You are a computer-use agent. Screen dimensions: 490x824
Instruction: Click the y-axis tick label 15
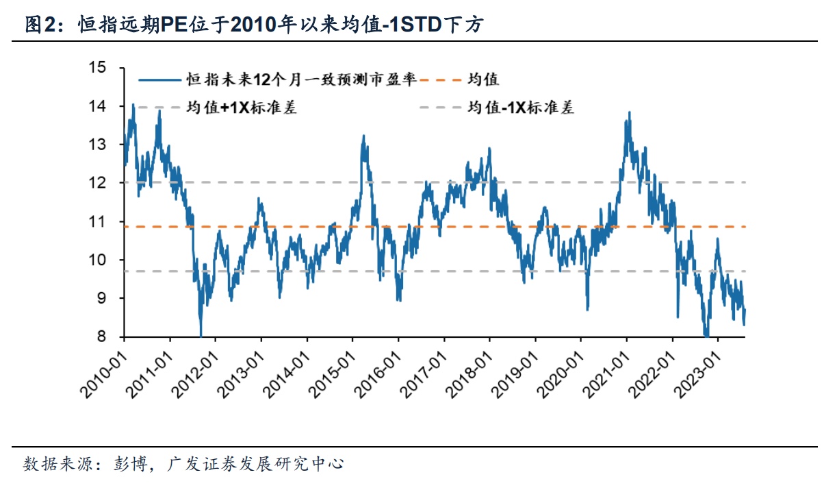pyautogui.click(x=99, y=68)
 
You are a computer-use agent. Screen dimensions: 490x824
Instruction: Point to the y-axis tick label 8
pyautogui.click(x=103, y=336)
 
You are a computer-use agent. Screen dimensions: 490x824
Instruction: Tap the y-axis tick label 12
pyautogui.click(x=99, y=183)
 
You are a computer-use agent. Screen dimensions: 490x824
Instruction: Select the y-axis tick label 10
pyautogui.click(x=99, y=260)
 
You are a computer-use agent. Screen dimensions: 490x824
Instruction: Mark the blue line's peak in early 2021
pyautogui.click(x=628, y=112)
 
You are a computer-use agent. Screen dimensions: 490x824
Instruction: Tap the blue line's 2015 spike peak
pyautogui.click(x=363, y=136)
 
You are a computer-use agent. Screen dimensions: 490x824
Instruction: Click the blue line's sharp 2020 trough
pyautogui.click(x=587, y=309)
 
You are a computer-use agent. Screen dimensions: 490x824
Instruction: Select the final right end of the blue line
pyautogui.click(x=745, y=310)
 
